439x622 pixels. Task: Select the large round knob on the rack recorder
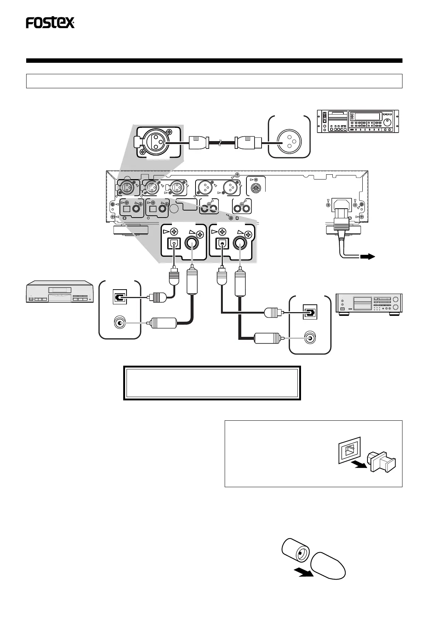pos(387,122)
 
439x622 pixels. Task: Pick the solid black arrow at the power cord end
pos(367,257)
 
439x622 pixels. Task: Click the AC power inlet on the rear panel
pos(342,206)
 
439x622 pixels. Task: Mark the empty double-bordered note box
pos(212,383)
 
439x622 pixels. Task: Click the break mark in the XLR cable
pos(221,143)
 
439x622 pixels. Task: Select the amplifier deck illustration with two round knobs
pos(369,304)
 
